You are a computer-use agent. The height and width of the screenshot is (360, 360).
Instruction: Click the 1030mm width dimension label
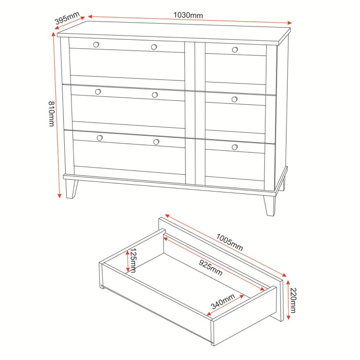click(x=188, y=15)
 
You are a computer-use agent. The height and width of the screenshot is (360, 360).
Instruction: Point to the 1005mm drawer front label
click(x=229, y=243)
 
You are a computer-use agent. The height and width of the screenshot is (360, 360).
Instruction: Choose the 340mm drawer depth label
click(x=223, y=302)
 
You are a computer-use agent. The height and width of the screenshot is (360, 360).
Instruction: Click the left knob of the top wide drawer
click(x=96, y=45)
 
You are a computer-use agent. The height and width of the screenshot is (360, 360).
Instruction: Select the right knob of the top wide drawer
click(x=154, y=47)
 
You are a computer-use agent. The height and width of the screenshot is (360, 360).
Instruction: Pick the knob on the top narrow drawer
click(x=235, y=49)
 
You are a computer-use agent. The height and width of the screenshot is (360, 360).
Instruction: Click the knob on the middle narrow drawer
click(x=234, y=99)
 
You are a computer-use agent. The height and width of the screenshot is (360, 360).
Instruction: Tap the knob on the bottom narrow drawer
click(x=235, y=147)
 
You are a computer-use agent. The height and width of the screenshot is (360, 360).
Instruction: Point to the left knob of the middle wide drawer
click(x=98, y=92)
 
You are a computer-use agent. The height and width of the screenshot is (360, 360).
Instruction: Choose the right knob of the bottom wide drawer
click(x=156, y=142)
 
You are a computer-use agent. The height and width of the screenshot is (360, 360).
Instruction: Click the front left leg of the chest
click(x=72, y=188)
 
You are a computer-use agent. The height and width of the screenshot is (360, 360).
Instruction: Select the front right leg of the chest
click(x=270, y=205)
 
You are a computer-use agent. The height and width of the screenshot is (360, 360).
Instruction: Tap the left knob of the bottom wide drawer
click(x=100, y=138)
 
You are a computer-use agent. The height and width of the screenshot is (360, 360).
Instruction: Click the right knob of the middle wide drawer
click(x=155, y=95)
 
